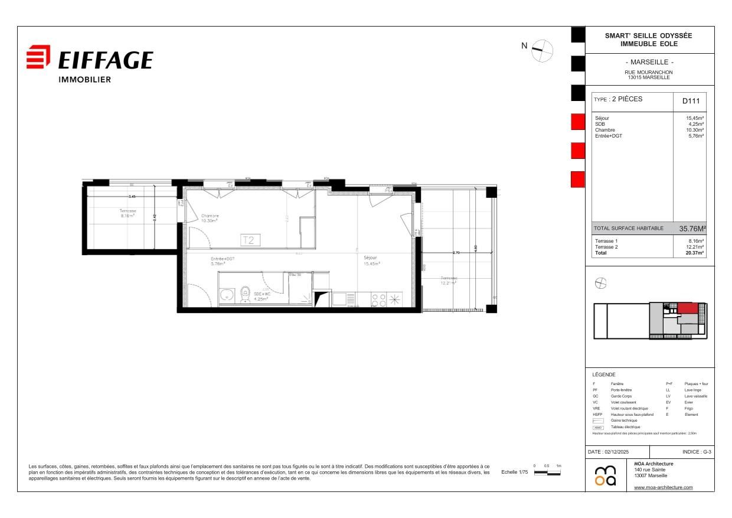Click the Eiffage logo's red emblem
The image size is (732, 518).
[x=38, y=57]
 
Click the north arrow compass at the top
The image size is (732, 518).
[x=541, y=50]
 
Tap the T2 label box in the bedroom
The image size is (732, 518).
[x=250, y=240]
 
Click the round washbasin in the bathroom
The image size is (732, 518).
[x=226, y=294]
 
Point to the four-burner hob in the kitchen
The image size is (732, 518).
[x=378, y=299]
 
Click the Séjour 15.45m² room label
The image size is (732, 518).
[x=372, y=260]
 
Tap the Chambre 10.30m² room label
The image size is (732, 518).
[x=210, y=218]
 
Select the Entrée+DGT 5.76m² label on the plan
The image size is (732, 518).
[x=223, y=262]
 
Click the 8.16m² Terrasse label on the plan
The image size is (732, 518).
[x=128, y=213]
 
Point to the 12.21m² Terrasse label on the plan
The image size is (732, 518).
[x=449, y=281]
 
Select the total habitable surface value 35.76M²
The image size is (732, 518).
[x=692, y=228]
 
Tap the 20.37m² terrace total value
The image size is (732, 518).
[x=694, y=252]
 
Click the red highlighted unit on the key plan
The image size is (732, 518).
[x=687, y=308]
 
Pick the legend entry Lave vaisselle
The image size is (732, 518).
[x=695, y=396]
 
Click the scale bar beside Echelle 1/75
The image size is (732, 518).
[x=547, y=473]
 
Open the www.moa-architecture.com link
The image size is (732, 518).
[x=663, y=487]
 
